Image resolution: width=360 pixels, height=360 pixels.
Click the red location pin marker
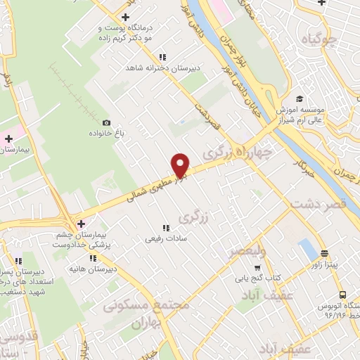(x=181, y=165)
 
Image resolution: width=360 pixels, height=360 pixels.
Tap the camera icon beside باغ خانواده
(x=106, y=122)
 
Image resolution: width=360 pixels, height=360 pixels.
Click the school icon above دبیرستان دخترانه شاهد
(x=162, y=57)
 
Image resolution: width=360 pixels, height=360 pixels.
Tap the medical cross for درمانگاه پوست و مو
(x=125, y=17)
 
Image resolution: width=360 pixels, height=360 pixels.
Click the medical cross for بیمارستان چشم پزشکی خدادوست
(x=82, y=222)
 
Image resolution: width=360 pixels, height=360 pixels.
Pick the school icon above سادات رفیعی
(x=166, y=228)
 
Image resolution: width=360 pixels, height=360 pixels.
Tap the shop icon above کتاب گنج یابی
(x=257, y=267)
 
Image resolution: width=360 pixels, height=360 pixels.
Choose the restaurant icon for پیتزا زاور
(x=324, y=253)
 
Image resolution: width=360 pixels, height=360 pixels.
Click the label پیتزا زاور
(x=324, y=264)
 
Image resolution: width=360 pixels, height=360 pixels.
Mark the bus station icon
(x=342, y=295)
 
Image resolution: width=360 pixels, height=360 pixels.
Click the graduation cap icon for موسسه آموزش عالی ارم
(x=300, y=99)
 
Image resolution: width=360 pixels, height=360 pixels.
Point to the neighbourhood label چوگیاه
(x=321, y=39)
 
